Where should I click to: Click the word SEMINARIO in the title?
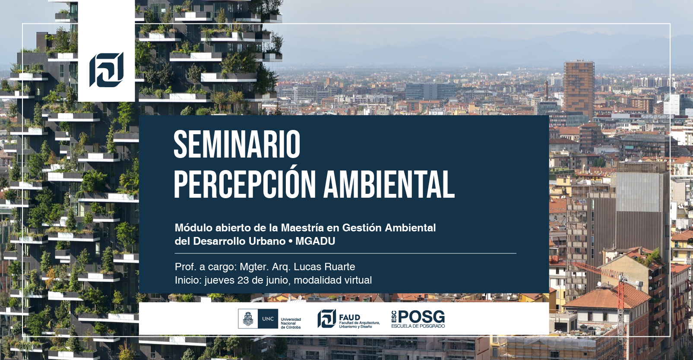pos(237,145)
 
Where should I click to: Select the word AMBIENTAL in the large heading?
pos(389,185)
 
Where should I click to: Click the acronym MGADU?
pos(315,241)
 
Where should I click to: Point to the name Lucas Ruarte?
pos(324,267)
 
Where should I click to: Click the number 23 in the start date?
pos(243,280)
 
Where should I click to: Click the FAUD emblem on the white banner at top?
pos(106,69)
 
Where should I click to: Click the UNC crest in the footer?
pos(248,319)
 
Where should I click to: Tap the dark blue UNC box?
pos(268,319)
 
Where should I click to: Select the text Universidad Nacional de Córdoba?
pos(291,323)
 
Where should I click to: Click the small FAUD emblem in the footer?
pos(327,319)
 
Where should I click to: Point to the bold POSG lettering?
pos(421,317)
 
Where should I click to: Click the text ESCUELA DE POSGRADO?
pos(418,326)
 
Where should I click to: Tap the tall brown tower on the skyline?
pos(579,88)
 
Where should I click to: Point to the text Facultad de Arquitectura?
pos(360,323)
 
